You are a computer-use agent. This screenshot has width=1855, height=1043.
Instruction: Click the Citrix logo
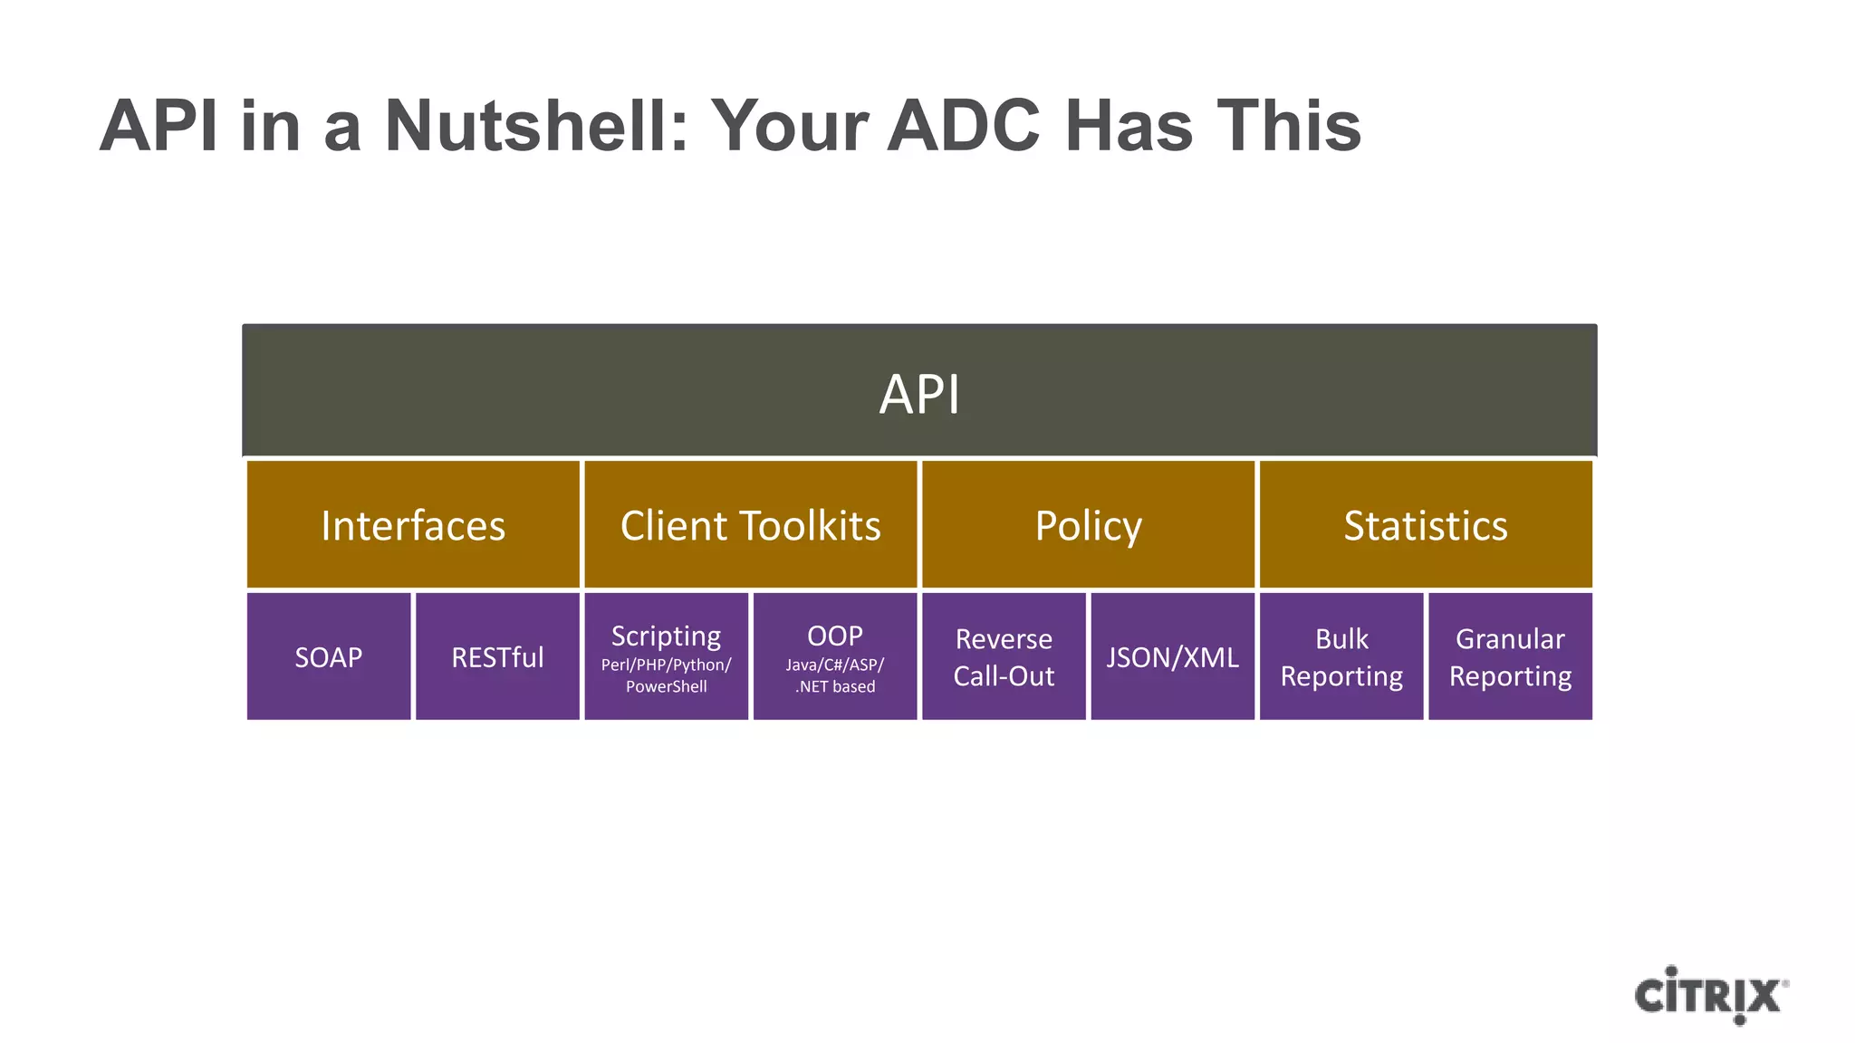(1710, 996)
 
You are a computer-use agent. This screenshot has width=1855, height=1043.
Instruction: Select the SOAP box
(329, 656)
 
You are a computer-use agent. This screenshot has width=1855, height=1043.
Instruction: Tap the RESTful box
(497, 656)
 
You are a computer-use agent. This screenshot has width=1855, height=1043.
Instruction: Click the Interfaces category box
(413, 525)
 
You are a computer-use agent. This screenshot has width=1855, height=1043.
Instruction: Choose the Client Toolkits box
(750, 525)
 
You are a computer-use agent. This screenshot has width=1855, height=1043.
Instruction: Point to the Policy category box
(1088, 525)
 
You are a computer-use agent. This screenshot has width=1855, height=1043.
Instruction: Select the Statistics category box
(1426, 525)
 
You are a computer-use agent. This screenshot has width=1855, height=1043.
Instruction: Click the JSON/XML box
(1172, 656)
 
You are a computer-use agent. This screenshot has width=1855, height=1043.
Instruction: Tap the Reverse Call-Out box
(1004, 656)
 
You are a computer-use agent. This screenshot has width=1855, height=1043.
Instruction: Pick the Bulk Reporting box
(1341, 656)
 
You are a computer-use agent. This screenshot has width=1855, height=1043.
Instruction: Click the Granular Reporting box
(1510, 656)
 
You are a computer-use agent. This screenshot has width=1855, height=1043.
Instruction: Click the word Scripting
(666, 636)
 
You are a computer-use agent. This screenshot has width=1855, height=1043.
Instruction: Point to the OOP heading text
(834, 636)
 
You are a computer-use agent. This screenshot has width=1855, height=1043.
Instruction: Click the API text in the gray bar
(919, 395)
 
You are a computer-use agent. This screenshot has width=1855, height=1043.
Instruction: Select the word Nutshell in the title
(536, 125)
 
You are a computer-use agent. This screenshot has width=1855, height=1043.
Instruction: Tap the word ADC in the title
(963, 125)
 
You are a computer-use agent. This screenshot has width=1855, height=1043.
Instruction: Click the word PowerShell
(666, 686)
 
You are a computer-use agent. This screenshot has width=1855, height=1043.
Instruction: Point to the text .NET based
(834, 686)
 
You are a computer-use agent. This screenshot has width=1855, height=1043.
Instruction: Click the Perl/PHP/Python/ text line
(666, 665)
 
